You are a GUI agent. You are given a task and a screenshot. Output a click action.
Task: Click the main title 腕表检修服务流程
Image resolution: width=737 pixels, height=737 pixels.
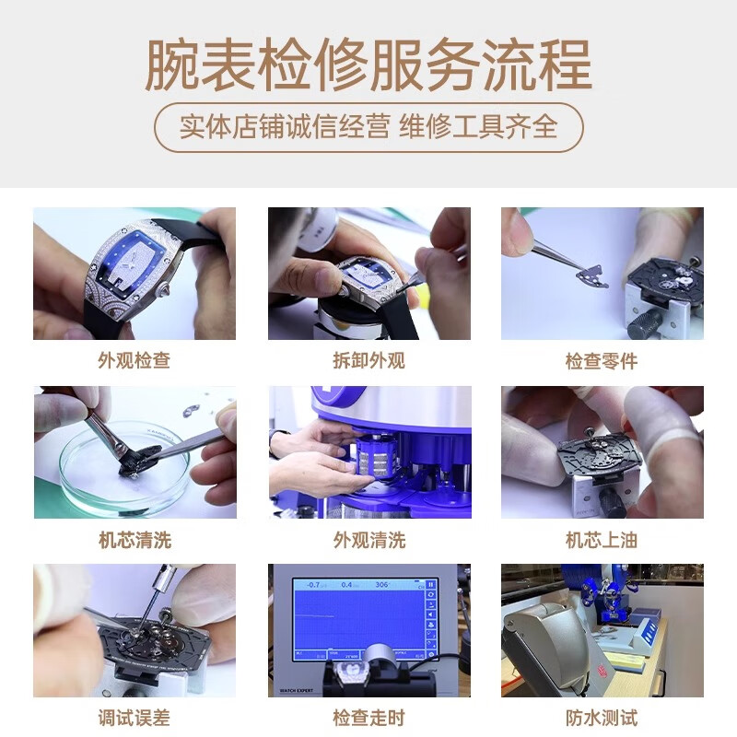pos(368,64)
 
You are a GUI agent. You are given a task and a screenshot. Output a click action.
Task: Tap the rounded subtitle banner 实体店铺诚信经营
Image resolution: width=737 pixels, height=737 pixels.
pos(368,126)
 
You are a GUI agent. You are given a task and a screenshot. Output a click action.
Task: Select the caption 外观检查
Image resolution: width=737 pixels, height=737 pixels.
pos(135,360)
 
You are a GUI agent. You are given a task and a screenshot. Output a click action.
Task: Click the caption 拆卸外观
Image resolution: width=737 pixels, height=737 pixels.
pos(368,360)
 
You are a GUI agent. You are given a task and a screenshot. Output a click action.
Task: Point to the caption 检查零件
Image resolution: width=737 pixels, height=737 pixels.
pos(602,360)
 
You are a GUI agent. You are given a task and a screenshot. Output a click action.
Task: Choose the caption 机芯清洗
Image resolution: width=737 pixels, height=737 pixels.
pos(135,540)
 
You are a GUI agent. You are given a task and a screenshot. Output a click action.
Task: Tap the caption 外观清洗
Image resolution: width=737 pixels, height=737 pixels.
pos(368,540)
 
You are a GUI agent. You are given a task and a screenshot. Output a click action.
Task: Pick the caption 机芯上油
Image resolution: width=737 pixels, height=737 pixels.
pos(602,540)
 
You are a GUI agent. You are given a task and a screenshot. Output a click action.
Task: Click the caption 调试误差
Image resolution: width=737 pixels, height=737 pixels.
pos(135,718)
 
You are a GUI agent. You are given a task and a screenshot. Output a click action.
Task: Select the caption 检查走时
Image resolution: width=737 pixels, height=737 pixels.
pos(368,718)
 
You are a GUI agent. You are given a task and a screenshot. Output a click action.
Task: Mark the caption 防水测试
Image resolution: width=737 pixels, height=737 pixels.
pos(602,718)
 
